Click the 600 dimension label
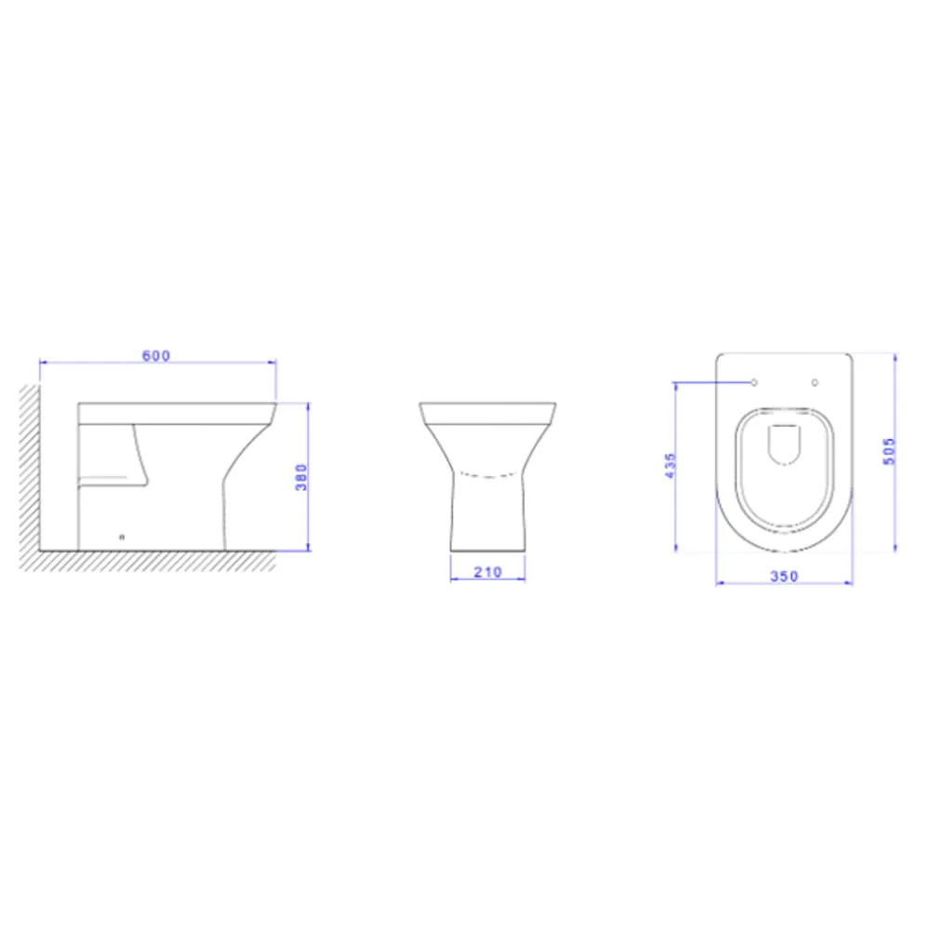coord(156,355)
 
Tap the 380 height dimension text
coord(301,477)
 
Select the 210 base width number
coord(487,572)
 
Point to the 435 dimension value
coord(670,466)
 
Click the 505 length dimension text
coord(888,451)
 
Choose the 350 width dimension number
coord(784,576)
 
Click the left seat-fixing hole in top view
coord(754,382)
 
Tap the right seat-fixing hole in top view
coord(815,382)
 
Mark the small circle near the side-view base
coord(122,538)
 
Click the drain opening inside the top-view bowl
coord(784,445)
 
